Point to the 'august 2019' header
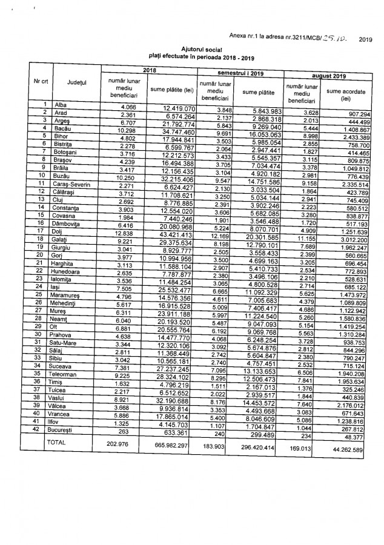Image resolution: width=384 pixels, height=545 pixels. tap(330, 76)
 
